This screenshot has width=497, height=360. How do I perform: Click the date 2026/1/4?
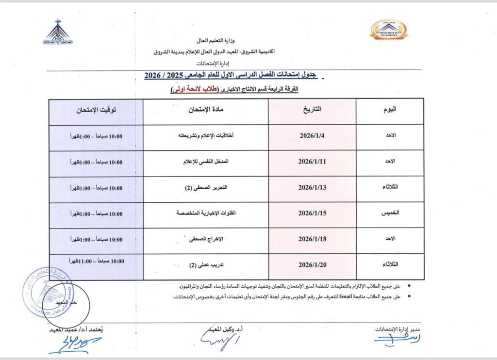[x=312, y=136]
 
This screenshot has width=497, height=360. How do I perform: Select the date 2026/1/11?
[x=312, y=162]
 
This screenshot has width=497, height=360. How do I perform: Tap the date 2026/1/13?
[x=312, y=188]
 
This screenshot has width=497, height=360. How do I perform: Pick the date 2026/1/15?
[x=312, y=213]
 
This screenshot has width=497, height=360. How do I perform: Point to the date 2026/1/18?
[x=312, y=239]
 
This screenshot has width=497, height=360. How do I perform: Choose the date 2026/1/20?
[x=312, y=265]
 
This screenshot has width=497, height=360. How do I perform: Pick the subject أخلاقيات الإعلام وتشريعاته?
[x=206, y=136]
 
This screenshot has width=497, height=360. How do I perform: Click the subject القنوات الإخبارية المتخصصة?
[x=206, y=213]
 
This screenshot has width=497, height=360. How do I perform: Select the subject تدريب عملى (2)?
[x=206, y=266]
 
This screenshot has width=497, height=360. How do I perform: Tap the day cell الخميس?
[x=389, y=213]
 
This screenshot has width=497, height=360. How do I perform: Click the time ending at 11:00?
[x=96, y=262]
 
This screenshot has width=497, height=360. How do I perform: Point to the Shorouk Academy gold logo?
[x=389, y=31]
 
